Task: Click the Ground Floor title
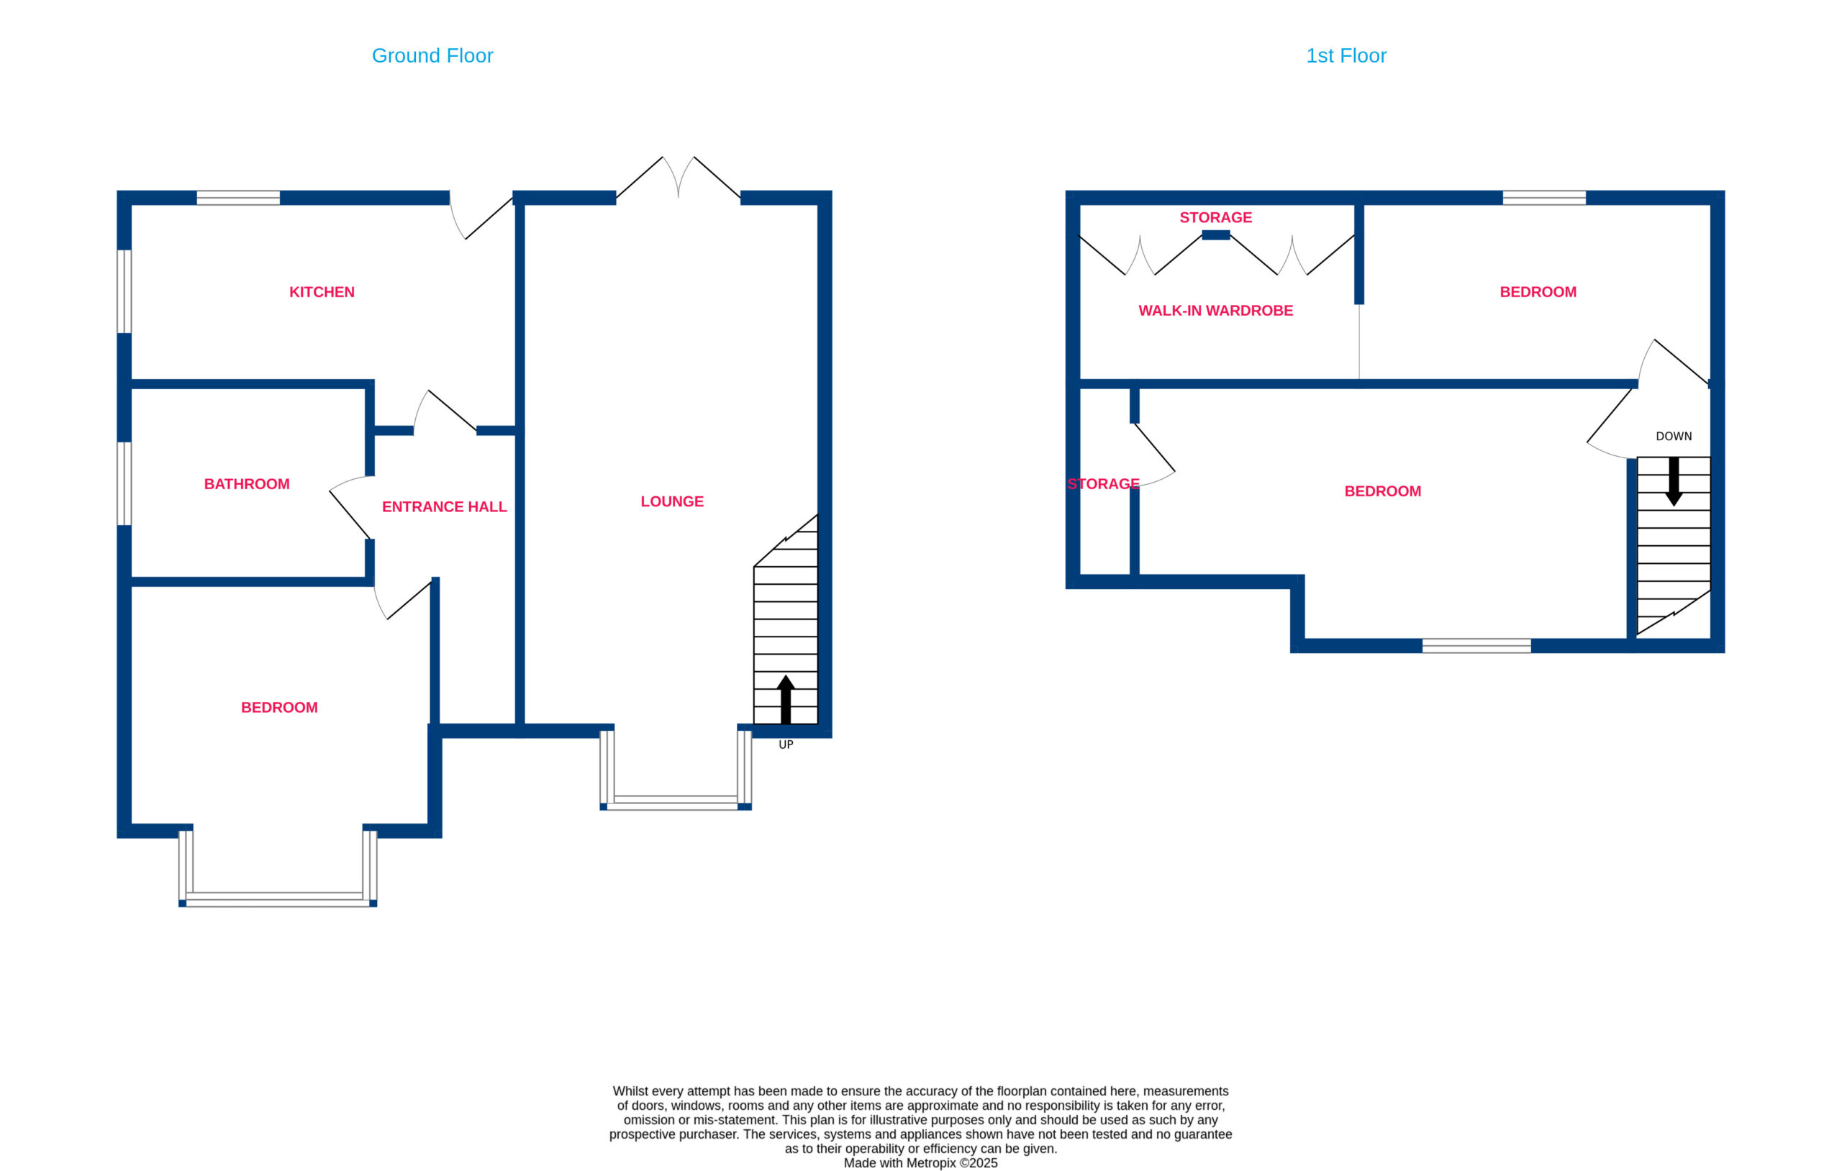coord(432,56)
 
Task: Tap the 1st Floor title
coord(1346,56)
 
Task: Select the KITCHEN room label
coord(322,292)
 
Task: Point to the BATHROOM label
coord(246,484)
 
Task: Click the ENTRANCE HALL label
coord(444,507)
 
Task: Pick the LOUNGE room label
coord(671,502)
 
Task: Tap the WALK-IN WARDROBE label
coord(1215,311)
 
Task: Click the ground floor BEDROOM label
coord(279,708)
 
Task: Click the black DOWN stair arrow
coord(1674,481)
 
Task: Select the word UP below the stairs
coord(786,745)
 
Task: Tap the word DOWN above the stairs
coord(1674,437)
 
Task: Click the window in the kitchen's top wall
coord(238,198)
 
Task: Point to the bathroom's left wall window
coord(124,483)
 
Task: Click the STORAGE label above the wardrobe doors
coord(1215,218)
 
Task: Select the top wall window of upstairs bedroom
coord(1543,198)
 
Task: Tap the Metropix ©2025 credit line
coord(920,1163)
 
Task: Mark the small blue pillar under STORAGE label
coord(1215,236)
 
